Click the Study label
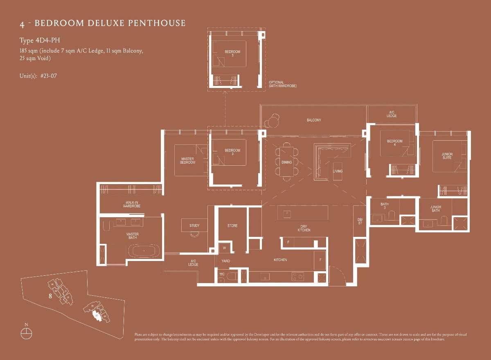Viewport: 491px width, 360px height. coord(194,225)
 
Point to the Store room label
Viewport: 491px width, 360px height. coord(232,226)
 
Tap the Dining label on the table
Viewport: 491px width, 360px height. coord(287,162)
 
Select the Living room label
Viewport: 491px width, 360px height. coord(338,171)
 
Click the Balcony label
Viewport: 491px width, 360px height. coord(314,120)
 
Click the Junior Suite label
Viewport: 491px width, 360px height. coord(447,156)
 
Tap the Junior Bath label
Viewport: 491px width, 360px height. coord(435,209)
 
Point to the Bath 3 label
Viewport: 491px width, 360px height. coord(384,206)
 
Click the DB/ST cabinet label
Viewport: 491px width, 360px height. coord(360,221)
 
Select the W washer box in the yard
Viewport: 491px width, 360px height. coord(224,248)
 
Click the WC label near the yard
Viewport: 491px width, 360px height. coord(222,274)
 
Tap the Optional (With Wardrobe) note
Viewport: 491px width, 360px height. coord(282,84)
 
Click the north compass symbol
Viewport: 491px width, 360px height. coord(26,332)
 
